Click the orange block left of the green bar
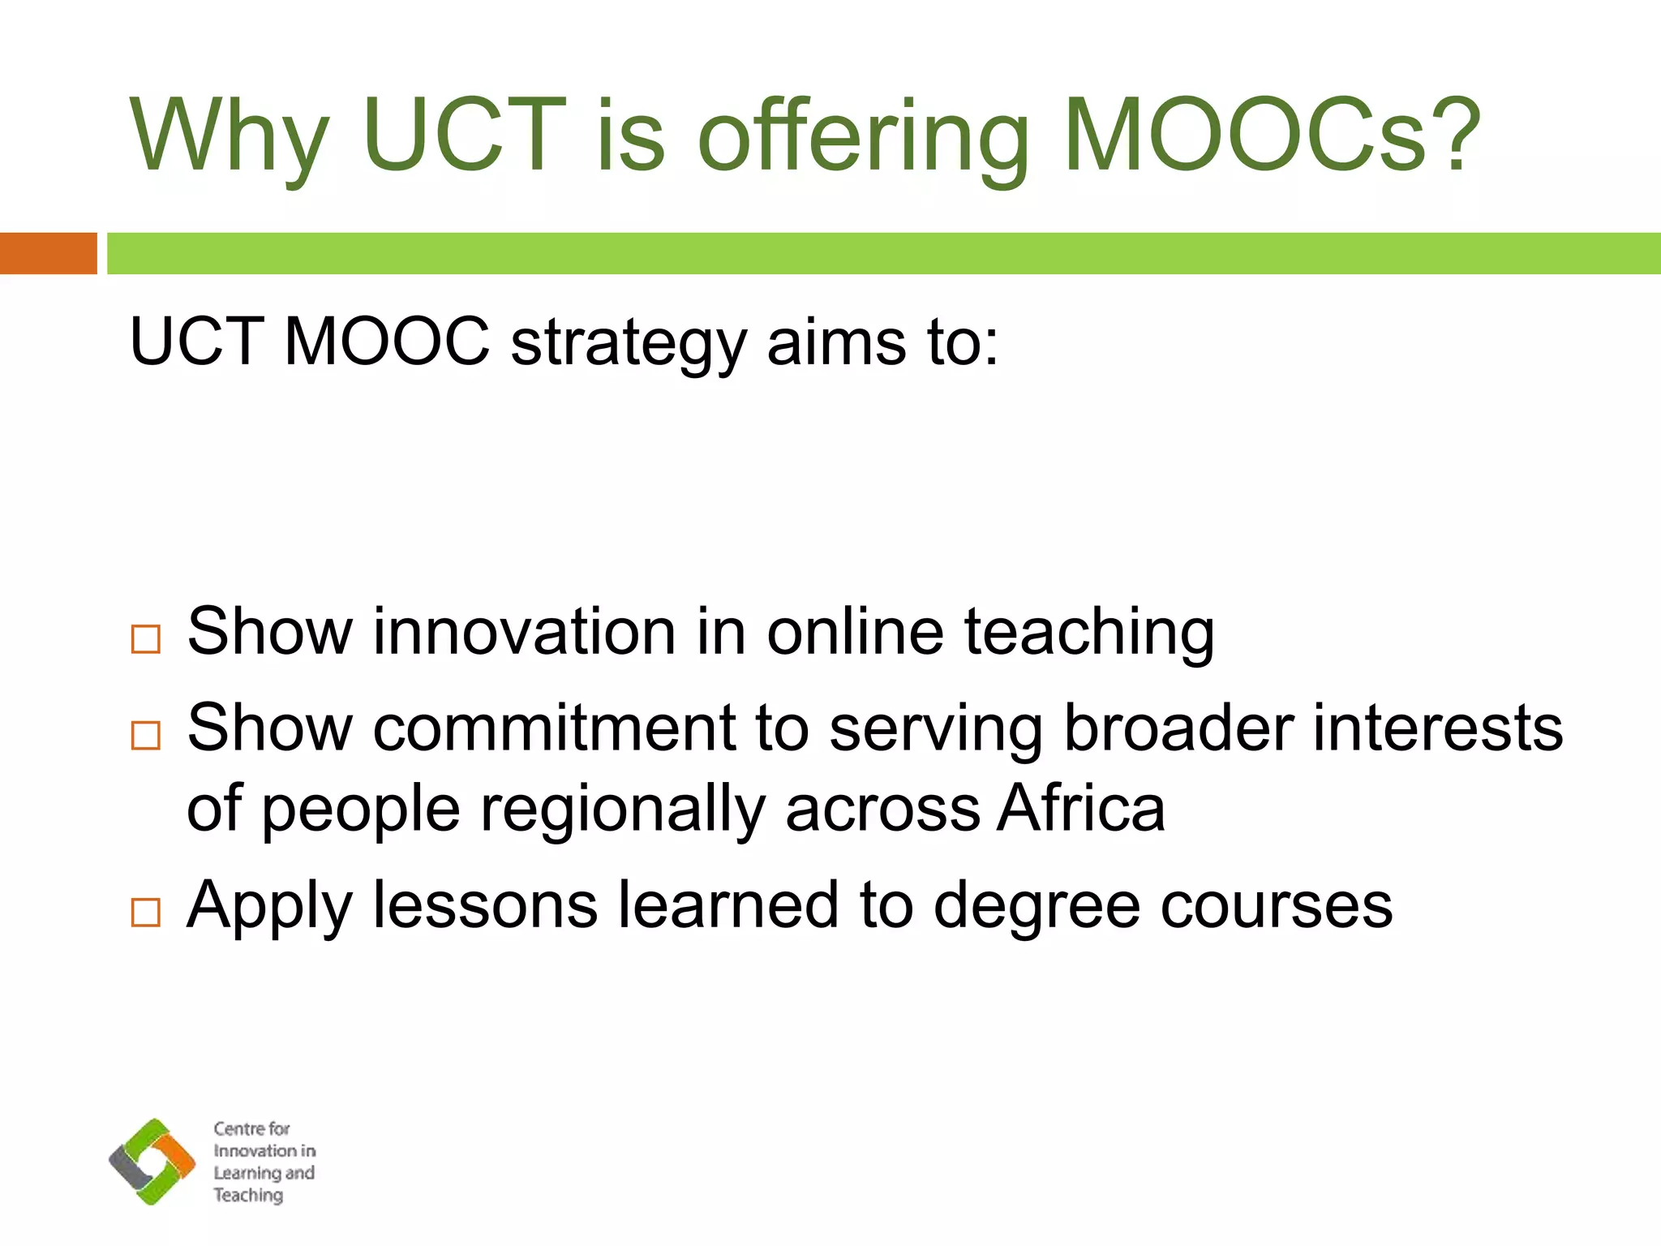pyautogui.click(x=48, y=253)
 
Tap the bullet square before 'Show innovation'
pyautogui.click(x=146, y=639)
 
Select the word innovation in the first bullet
pyautogui.click(x=524, y=632)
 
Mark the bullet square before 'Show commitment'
pyautogui.click(x=146, y=735)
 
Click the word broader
pyautogui.click(x=1178, y=728)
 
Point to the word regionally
pyautogui.click(x=623, y=811)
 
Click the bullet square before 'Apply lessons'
pyautogui.click(x=146, y=913)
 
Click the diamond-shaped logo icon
pyautogui.click(x=152, y=1161)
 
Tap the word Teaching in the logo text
pyautogui.click(x=248, y=1195)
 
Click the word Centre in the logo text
pyautogui.click(x=238, y=1128)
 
